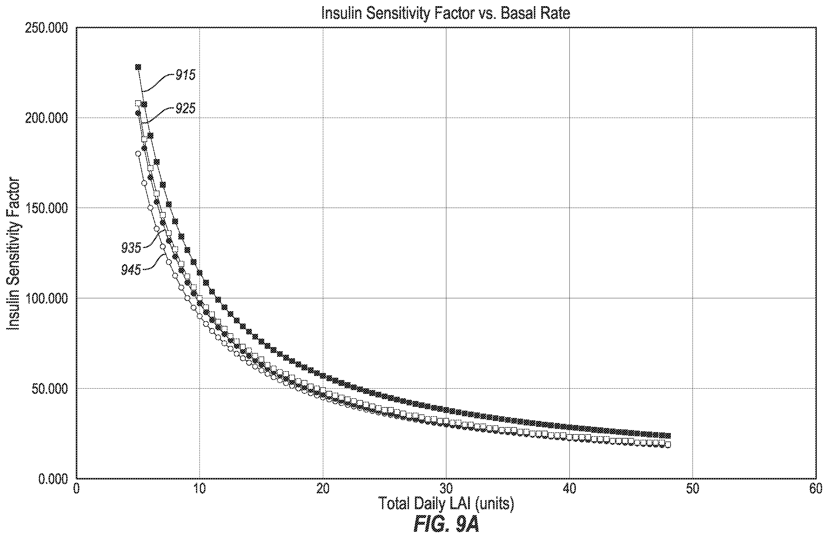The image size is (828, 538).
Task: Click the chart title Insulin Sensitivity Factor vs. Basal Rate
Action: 446,13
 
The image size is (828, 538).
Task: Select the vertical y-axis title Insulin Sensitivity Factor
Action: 14,254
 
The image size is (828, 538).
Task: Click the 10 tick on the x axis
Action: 199,489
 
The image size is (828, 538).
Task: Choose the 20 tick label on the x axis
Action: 323,489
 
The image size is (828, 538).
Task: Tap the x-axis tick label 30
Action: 446,489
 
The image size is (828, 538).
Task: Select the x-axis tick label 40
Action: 569,489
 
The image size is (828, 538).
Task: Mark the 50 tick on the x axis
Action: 693,489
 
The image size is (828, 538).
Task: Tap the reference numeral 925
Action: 185,109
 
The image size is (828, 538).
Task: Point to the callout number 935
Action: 131,248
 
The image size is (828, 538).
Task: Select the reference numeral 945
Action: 131,270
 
